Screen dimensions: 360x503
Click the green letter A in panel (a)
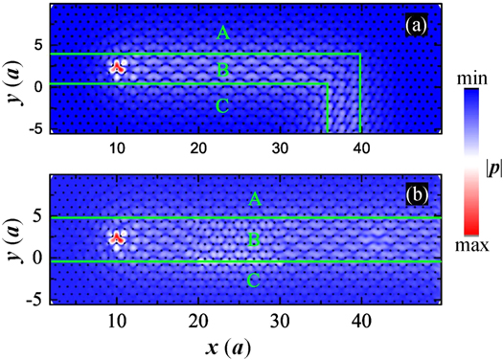[x=223, y=34]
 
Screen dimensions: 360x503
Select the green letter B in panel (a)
[x=223, y=71]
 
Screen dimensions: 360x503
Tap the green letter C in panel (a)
[x=223, y=106]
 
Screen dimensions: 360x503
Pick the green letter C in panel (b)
[x=254, y=280]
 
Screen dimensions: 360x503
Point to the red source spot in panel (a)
[x=117, y=68]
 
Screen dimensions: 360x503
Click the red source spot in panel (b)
[x=117, y=238]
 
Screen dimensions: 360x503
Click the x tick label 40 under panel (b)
[x=360, y=320]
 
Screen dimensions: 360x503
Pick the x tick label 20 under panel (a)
[x=197, y=148]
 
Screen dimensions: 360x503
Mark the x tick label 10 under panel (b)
[x=117, y=320]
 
